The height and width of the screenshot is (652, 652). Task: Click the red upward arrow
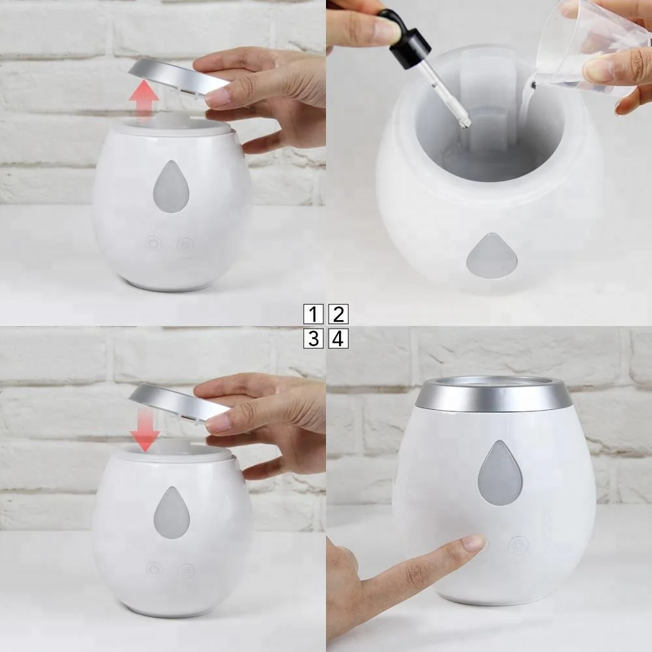[144, 99]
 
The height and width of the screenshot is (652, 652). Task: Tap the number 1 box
[313, 314]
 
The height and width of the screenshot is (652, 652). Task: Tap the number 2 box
[338, 314]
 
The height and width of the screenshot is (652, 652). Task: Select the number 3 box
[313, 338]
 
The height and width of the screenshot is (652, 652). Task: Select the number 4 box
[338, 338]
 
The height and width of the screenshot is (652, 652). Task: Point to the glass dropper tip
[464, 121]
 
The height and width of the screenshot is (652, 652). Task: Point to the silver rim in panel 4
[494, 395]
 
